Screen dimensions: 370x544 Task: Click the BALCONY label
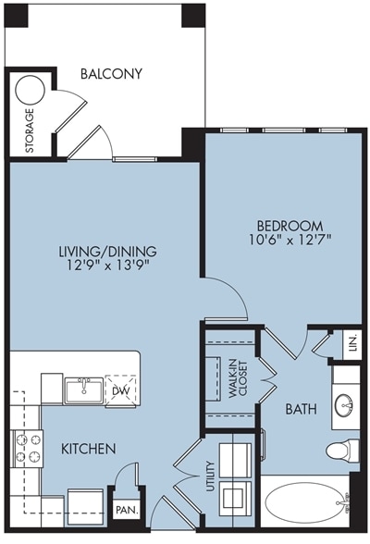[111, 74]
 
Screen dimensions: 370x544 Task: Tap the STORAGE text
[30, 130]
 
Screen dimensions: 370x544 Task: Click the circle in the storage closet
[31, 90]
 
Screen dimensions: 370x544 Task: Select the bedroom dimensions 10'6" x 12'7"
[289, 240]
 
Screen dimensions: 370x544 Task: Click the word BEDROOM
[290, 226]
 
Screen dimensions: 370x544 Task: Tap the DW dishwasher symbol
[120, 390]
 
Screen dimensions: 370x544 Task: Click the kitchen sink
[83, 390]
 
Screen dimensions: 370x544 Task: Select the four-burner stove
[28, 449]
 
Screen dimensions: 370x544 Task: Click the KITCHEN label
[89, 449]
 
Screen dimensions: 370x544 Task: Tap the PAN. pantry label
[128, 511]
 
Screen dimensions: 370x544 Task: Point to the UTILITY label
[211, 476]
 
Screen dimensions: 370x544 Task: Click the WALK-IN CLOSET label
[238, 379]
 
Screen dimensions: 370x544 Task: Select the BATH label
[301, 409]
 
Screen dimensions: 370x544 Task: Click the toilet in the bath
[342, 451]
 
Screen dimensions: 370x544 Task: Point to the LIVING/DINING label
[108, 252]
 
